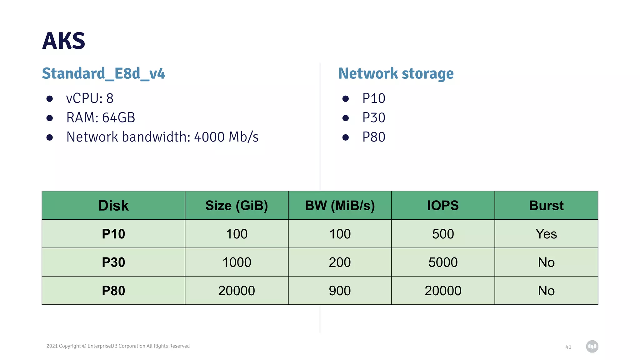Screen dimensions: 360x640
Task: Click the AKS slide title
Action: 64,41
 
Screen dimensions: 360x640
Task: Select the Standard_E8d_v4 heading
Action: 103,74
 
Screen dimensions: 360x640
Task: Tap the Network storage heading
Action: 396,74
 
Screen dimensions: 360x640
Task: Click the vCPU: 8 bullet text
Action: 90,98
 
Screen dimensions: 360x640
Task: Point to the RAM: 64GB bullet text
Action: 101,118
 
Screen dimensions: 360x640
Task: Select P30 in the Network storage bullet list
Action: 374,118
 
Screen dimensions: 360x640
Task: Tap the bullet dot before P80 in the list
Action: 346,137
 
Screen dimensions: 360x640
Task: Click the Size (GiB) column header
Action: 237,206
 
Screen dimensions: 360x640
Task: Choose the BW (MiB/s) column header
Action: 340,206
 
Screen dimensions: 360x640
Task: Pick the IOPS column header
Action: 443,206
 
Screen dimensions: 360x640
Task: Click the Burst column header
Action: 546,206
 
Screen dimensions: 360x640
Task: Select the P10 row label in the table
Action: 113,234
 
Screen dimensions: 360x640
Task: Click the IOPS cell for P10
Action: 443,234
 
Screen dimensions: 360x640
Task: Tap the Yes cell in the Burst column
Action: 546,234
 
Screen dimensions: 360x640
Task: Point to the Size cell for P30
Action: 237,262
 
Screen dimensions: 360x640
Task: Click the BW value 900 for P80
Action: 340,291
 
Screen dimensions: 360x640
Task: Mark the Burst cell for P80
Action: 546,291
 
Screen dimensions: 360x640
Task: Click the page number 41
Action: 568,347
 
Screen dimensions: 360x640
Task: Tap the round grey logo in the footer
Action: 592,347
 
